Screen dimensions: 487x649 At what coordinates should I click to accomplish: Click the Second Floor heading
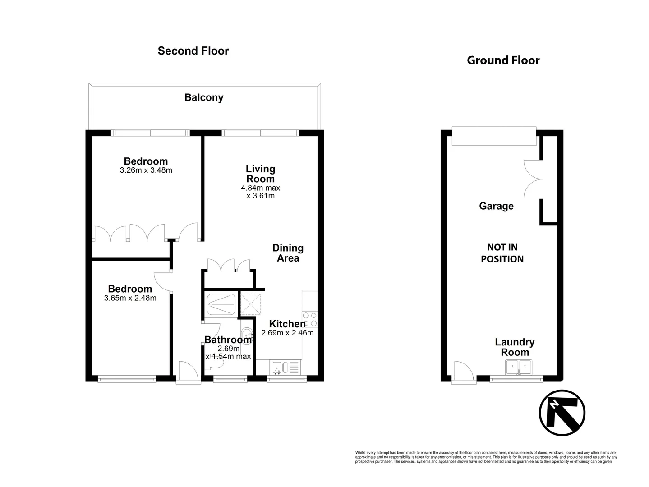[x=193, y=51]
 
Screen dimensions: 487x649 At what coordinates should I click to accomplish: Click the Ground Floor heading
[x=503, y=60]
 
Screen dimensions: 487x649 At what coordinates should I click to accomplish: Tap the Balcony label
[x=204, y=97]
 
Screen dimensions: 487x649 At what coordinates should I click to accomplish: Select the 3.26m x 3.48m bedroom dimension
[x=146, y=170]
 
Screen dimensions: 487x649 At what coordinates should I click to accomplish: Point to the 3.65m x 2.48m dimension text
[x=130, y=298]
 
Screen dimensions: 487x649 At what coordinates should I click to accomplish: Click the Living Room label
[x=260, y=174]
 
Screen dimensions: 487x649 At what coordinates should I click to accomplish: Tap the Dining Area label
[x=288, y=253]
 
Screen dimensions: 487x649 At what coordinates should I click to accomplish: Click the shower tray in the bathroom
[x=220, y=305]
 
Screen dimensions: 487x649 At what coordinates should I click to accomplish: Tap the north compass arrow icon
[x=562, y=413]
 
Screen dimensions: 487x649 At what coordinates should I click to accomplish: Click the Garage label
[x=496, y=206]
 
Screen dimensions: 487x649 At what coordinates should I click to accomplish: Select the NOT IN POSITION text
[x=502, y=253]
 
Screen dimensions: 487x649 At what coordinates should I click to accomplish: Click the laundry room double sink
[x=519, y=368]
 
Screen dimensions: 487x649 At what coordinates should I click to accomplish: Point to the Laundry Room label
[x=515, y=347]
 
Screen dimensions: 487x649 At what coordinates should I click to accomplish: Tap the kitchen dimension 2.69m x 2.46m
[x=287, y=333]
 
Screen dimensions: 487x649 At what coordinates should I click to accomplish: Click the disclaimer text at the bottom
[x=485, y=457]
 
